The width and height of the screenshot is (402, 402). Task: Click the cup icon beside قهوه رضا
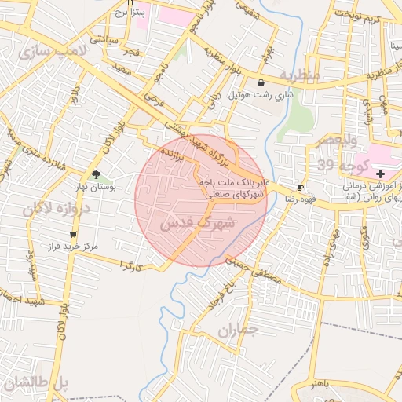300,187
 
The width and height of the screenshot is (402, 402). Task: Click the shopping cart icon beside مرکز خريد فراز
73,234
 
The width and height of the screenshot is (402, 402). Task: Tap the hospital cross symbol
381,174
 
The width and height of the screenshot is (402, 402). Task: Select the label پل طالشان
35,385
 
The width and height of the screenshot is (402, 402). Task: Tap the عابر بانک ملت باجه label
233,181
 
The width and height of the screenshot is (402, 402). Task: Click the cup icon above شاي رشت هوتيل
260,81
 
